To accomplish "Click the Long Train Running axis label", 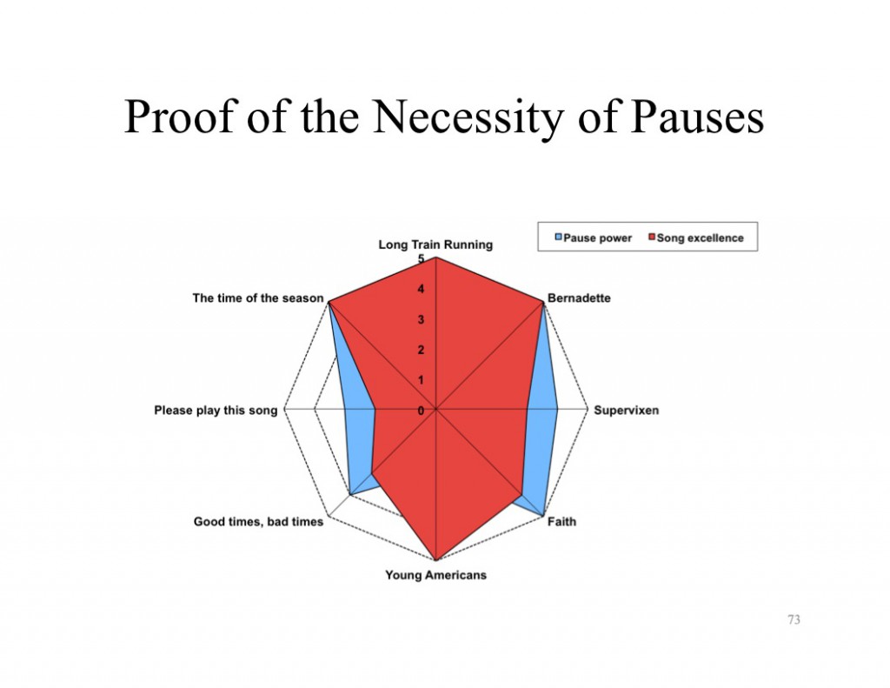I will click(435, 244).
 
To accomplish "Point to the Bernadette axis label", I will click(579, 298).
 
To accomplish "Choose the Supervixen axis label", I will click(626, 410).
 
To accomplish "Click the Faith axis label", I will click(561, 522).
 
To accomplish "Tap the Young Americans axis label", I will click(435, 575).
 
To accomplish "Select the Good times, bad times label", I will click(258, 522).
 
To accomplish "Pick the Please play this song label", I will click(216, 410).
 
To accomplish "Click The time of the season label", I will click(258, 298).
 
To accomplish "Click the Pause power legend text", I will click(597, 237).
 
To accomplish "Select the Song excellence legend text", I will click(700, 237).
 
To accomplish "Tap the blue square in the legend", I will click(559, 237).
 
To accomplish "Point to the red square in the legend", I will click(651, 237).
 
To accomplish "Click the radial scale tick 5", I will click(421, 259).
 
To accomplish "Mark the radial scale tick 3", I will click(421, 320).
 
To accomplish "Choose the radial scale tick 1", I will click(421, 380).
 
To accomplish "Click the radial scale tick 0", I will click(421, 411).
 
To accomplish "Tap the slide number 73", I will click(793, 619).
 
